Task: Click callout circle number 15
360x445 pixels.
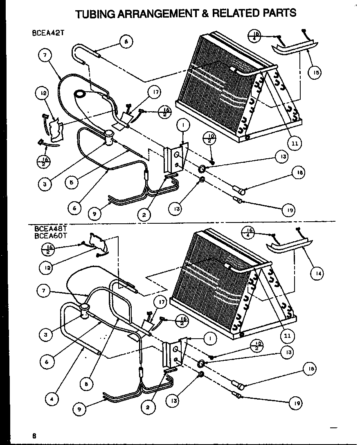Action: click(315, 72)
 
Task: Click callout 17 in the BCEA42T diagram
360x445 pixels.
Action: click(155, 92)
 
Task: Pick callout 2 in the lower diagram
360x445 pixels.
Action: click(147, 407)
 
